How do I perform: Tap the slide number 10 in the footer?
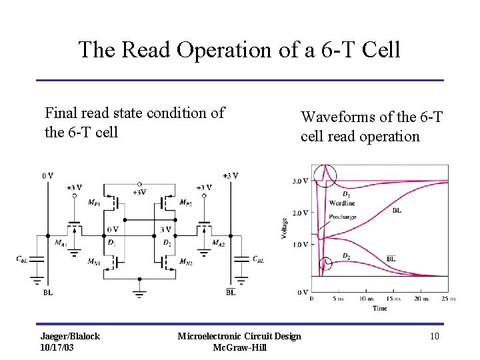click(435, 336)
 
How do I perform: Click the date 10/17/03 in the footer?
click(57, 347)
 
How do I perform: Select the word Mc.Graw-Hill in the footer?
click(239, 347)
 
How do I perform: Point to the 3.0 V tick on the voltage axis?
click(299, 181)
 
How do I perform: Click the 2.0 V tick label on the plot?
click(299, 213)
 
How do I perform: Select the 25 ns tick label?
click(448, 299)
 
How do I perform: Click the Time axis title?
click(379, 308)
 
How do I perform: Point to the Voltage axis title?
click(285, 229)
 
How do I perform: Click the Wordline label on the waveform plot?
click(341, 203)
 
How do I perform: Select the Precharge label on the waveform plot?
click(342, 217)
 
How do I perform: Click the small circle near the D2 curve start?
click(325, 264)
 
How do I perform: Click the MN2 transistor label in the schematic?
click(185, 261)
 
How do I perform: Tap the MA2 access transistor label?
click(218, 243)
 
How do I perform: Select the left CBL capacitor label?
click(22, 259)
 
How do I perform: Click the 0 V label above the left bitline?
click(47, 175)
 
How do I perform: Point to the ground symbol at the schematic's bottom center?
click(139, 291)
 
